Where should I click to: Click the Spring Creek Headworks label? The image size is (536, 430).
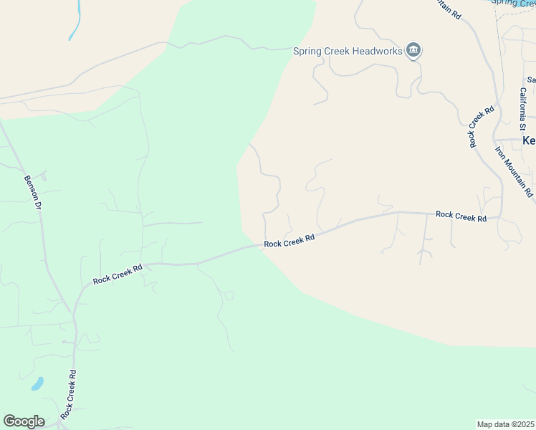coord(348,50)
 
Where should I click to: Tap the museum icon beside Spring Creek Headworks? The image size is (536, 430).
coord(413,50)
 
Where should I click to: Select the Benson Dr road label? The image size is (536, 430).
coord(34,193)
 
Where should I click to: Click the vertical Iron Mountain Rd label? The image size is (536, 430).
coord(514,172)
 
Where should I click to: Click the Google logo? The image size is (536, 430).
coord(24,421)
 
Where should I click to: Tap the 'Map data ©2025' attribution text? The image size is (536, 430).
coord(506,424)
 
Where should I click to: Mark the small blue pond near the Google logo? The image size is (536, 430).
coord(37,383)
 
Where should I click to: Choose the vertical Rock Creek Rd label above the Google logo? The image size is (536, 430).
coord(69,394)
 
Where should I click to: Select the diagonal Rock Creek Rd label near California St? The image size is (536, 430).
coord(482,127)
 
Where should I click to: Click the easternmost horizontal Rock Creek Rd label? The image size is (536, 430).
coord(461,216)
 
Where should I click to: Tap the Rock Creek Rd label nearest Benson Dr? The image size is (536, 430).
coord(118,273)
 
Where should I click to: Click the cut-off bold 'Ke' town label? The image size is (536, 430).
coord(529,140)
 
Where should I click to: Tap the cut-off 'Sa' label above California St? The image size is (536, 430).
coord(531,80)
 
